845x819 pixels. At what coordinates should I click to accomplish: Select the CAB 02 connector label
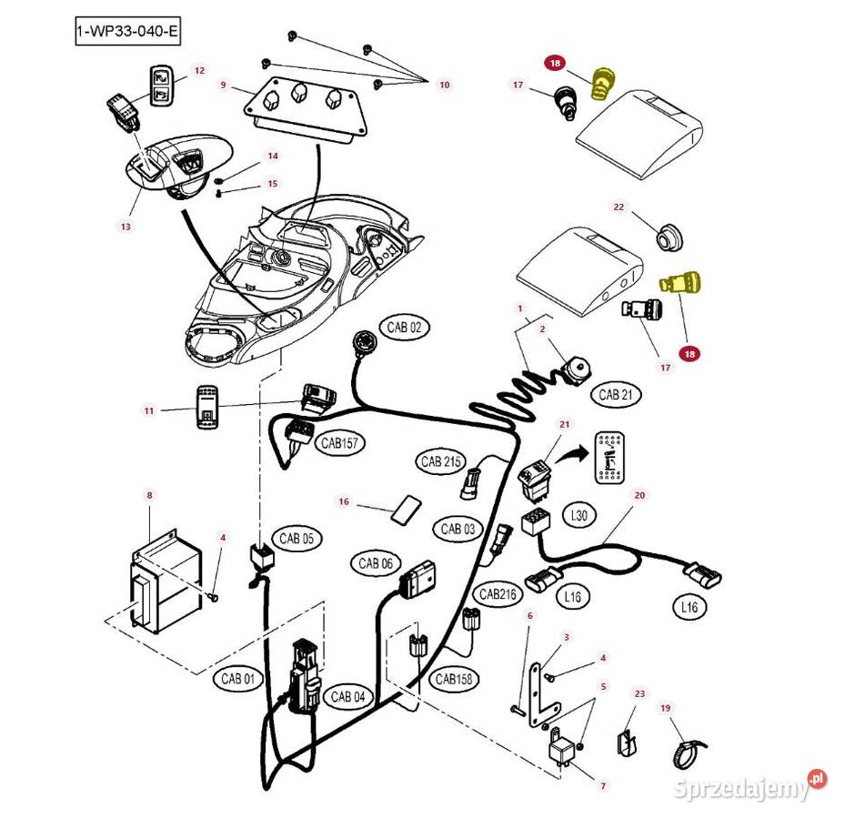[405, 328]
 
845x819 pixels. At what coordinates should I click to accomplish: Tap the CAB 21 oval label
[616, 395]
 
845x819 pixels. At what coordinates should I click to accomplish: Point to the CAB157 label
[339, 443]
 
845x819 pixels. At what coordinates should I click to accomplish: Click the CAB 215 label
[442, 462]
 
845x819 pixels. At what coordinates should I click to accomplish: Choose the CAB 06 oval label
[376, 564]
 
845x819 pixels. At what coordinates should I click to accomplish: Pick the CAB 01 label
[238, 679]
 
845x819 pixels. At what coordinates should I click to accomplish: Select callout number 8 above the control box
[149, 495]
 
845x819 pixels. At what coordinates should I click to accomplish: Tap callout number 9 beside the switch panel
[223, 85]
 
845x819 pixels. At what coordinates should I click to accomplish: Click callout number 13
[126, 227]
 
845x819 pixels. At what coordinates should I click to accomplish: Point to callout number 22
[619, 207]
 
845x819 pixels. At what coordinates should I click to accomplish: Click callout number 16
[344, 501]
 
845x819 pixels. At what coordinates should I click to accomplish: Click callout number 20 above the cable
[639, 495]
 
